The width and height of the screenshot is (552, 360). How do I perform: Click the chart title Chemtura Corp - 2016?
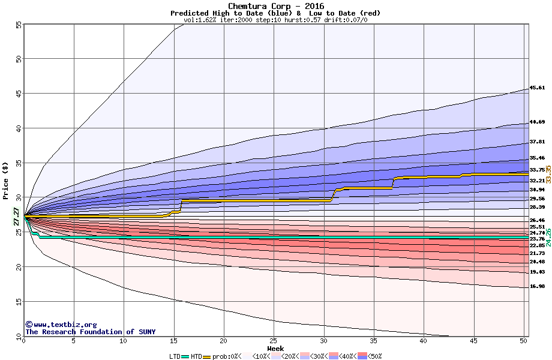point(275,6)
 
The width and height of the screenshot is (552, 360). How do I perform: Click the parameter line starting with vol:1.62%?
point(275,20)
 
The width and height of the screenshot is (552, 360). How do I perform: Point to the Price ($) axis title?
point(5,181)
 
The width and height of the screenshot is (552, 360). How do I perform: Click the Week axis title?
point(275,348)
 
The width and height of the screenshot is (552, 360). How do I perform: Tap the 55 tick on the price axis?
point(19,25)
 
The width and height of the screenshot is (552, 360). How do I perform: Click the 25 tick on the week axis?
point(274,341)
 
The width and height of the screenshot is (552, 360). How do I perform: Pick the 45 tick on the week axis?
point(473,341)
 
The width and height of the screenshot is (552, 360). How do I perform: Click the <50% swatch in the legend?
point(362,356)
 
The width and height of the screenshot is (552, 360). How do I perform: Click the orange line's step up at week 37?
point(393,183)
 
